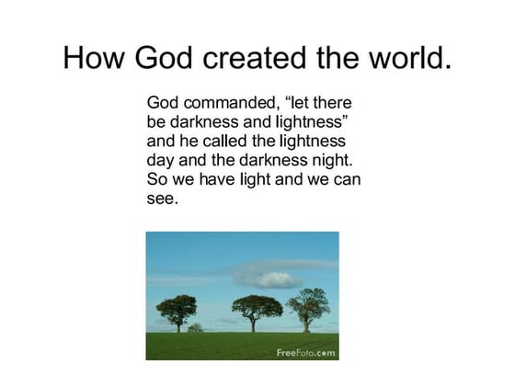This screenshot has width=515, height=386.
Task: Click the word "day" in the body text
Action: point(162,160)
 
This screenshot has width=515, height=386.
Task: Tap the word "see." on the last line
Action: point(162,198)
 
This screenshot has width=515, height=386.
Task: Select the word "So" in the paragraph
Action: point(157,178)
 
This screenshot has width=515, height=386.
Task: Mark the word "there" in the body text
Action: point(329,103)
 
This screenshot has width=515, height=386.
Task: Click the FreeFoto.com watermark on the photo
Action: point(306,352)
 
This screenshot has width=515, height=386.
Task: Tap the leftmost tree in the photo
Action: point(177,309)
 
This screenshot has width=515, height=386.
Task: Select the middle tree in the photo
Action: point(257,307)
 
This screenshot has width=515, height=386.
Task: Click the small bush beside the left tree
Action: point(195,327)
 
